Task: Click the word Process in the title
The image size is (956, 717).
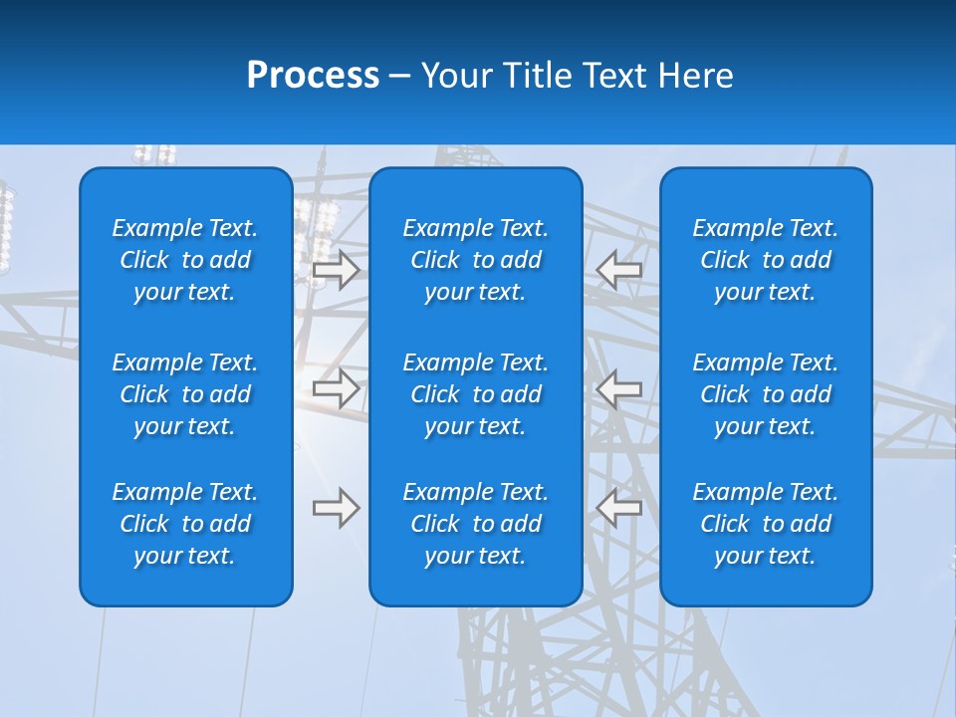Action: click(313, 76)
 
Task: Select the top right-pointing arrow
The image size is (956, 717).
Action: click(336, 270)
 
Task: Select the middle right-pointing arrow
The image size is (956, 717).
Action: click(336, 388)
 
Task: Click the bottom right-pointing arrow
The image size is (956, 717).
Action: click(336, 508)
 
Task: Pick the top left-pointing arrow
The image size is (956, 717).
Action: click(619, 270)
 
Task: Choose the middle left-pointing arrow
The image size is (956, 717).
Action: click(619, 388)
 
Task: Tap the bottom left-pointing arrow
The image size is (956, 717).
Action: click(619, 508)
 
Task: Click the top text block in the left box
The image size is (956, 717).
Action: click(185, 260)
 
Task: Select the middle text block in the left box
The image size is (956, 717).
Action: click(185, 394)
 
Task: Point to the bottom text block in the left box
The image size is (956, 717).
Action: click(185, 524)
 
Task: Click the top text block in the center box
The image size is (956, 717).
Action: click(475, 260)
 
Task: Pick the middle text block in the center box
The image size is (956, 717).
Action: click(475, 394)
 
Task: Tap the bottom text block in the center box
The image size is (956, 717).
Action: click(475, 524)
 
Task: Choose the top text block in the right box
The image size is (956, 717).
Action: click(765, 260)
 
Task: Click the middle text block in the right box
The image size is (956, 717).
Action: click(765, 394)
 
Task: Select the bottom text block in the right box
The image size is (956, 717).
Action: click(765, 524)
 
